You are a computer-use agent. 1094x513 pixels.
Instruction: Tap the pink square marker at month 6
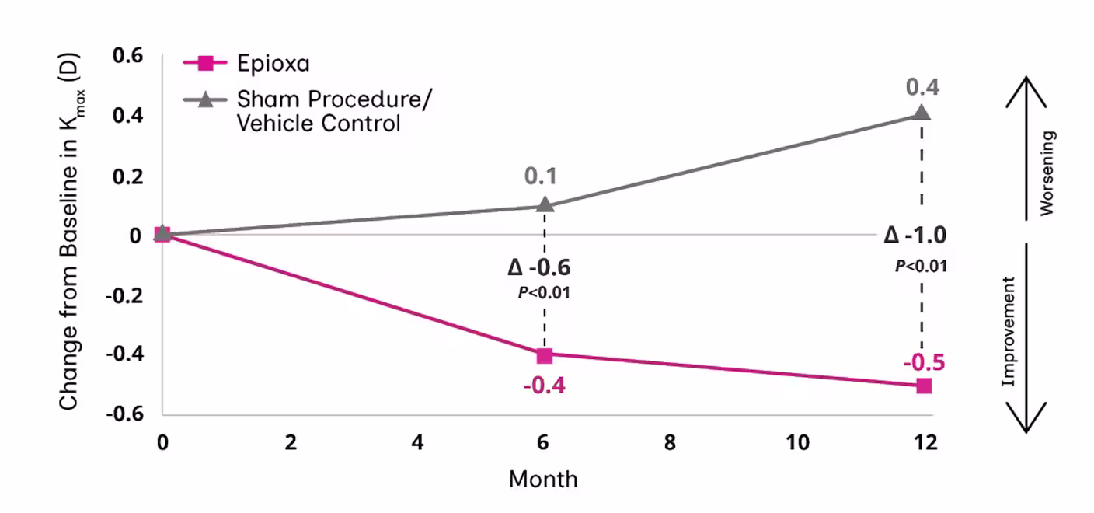tap(545, 355)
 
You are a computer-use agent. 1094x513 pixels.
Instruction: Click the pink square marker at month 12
tap(923, 386)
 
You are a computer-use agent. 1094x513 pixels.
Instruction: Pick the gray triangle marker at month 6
tap(545, 205)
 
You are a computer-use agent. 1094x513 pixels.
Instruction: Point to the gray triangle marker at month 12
tap(922, 113)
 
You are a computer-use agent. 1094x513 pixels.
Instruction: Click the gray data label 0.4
tap(922, 86)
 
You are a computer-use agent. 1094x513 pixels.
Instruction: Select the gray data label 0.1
tap(541, 176)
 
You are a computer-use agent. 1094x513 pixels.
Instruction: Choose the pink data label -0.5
tap(923, 362)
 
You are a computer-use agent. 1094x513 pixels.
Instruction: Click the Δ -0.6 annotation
tap(539, 268)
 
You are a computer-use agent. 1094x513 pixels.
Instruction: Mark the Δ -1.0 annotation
tap(915, 236)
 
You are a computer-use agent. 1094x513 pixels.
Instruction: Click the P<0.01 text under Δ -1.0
tap(922, 266)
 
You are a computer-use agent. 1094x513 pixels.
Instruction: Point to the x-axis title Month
tap(543, 479)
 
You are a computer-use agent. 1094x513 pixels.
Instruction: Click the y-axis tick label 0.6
tap(129, 56)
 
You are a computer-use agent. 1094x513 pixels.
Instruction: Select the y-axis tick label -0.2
tap(125, 295)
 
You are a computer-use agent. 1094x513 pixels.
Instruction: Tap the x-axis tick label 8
tap(670, 443)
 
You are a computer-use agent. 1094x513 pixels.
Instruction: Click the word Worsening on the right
tap(1048, 173)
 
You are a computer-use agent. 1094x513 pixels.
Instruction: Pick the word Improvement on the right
tap(1009, 331)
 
